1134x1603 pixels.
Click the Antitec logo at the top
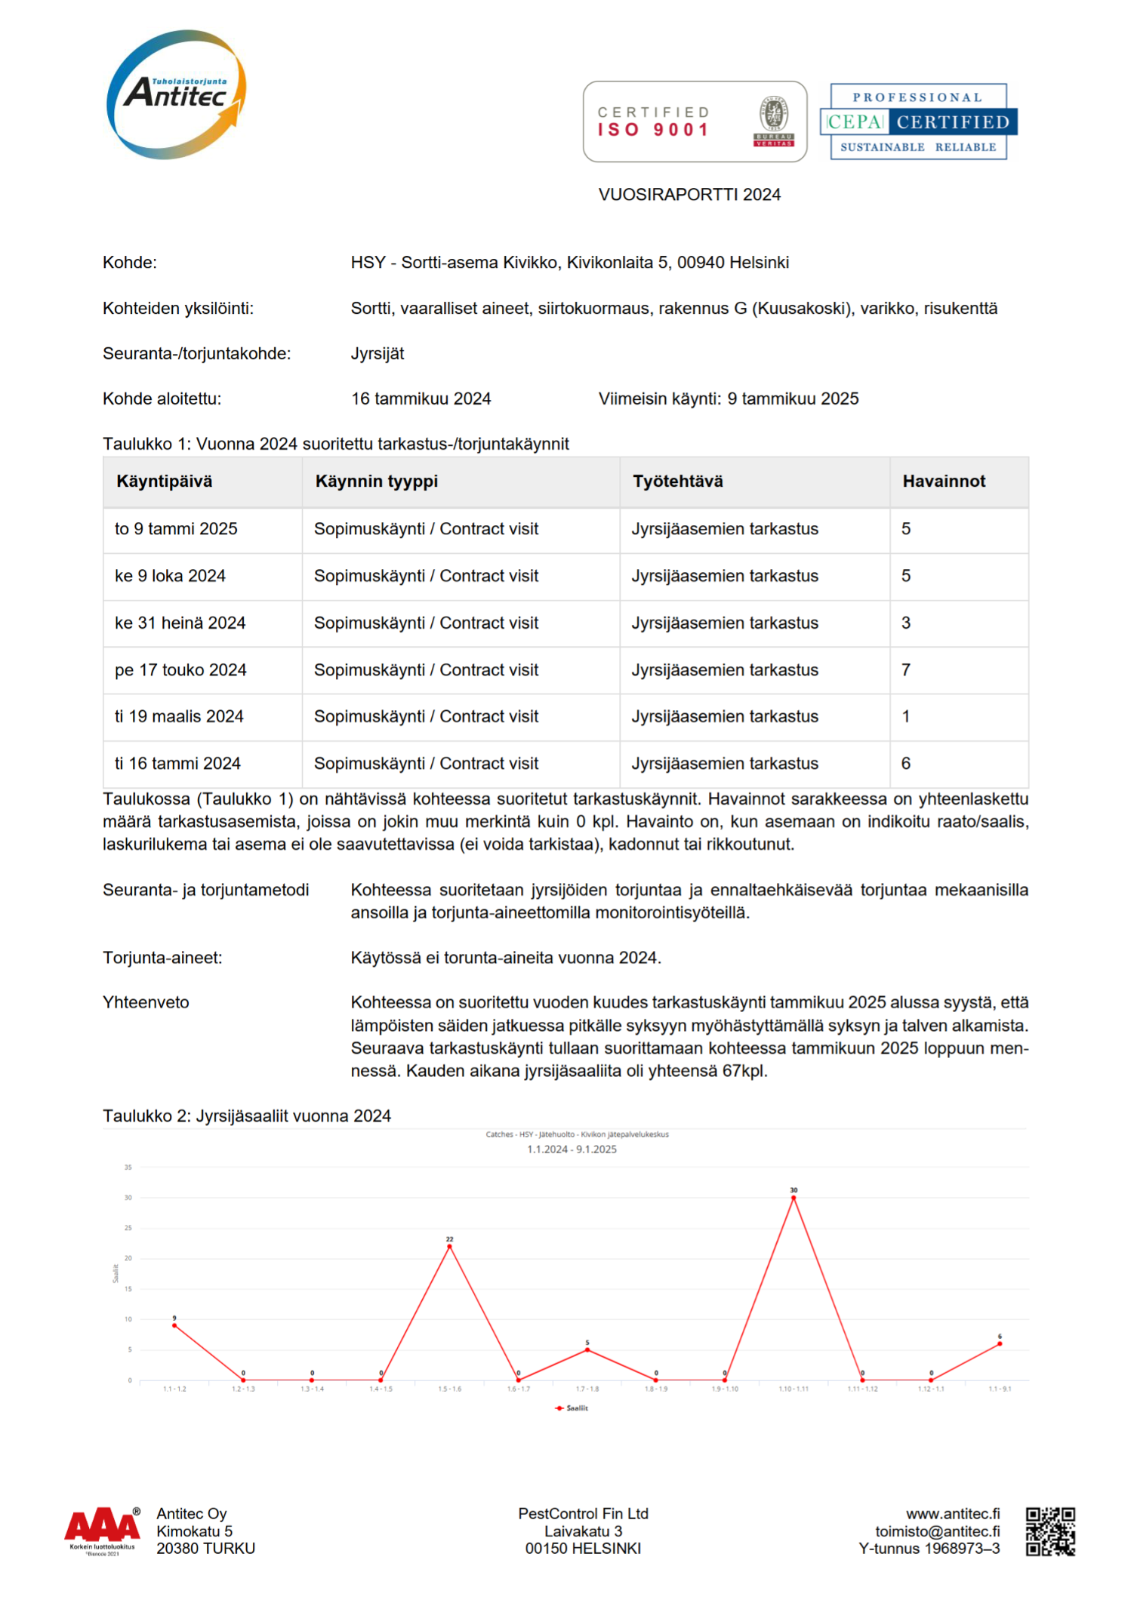click(177, 95)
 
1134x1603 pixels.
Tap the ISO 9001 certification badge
click(695, 122)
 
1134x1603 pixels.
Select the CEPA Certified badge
click(918, 122)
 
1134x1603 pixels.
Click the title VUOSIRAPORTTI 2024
click(689, 195)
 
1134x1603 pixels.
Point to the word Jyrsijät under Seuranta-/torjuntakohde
click(377, 353)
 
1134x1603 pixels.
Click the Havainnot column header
click(944, 482)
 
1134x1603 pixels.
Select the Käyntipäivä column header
click(165, 482)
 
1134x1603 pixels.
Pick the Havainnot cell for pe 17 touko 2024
click(906, 670)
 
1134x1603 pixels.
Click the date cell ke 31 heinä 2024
click(180, 623)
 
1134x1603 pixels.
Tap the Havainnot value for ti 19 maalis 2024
click(906, 716)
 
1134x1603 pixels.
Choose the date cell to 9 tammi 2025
click(176, 529)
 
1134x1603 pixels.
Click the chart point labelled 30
click(793, 1198)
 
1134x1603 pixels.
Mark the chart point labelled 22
click(449, 1247)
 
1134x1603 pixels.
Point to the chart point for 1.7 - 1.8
click(587, 1349)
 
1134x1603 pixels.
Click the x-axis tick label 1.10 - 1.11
click(793, 1389)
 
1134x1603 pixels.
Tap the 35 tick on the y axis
click(128, 1168)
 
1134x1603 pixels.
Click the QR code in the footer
click(1050, 1531)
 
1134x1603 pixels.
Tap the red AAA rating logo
click(103, 1526)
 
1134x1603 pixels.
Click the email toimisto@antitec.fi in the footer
click(937, 1531)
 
